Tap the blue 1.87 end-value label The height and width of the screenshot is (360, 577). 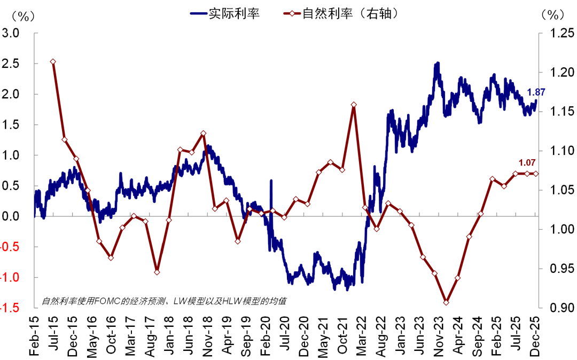pyautogui.click(x=536, y=92)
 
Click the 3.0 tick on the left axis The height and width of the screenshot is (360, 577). pyautogui.click(x=11, y=33)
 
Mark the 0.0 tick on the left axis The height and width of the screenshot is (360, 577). pyautogui.click(x=11, y=216)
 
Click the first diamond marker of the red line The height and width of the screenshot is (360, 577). pyautogui.click(x=53, y=62)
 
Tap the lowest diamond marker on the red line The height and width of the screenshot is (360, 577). pyautogui.click(x=446, y=302)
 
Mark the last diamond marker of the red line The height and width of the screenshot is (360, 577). pyautogui.click(x=536, y=174)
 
